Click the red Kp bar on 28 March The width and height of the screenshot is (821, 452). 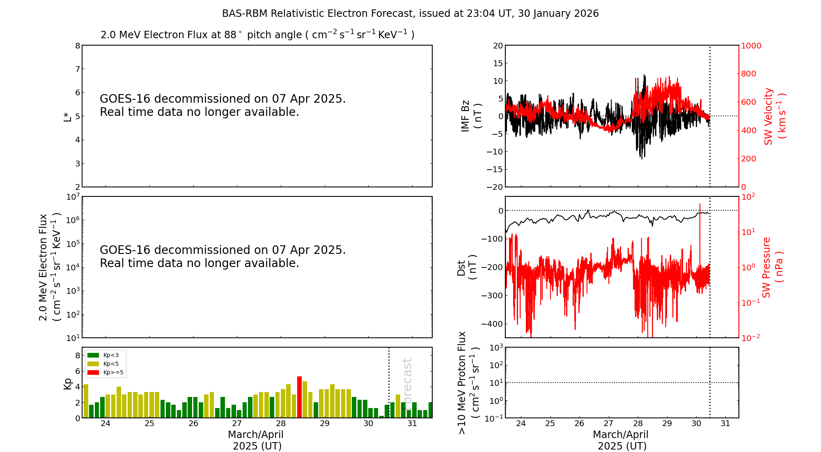(x=299, y=397)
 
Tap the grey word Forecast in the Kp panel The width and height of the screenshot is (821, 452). (x=407, y=382)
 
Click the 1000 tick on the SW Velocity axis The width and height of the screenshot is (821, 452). (x=751, y=46)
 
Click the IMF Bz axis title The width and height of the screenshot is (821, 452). (x=470, y=116)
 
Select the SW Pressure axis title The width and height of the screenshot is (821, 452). (x=772, y=267)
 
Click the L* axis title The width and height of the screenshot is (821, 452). (x=67, y=116)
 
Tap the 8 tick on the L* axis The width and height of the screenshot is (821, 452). (x=77, y=46)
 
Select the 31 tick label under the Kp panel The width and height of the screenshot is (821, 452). (x=412, y=424)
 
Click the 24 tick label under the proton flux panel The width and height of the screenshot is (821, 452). (x=521, y=424)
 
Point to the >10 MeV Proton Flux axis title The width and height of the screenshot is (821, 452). (x=468, y=383)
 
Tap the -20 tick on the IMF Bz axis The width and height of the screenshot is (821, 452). (x=494, y=187)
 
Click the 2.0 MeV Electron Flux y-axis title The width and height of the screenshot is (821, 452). (x=49, y=267)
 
